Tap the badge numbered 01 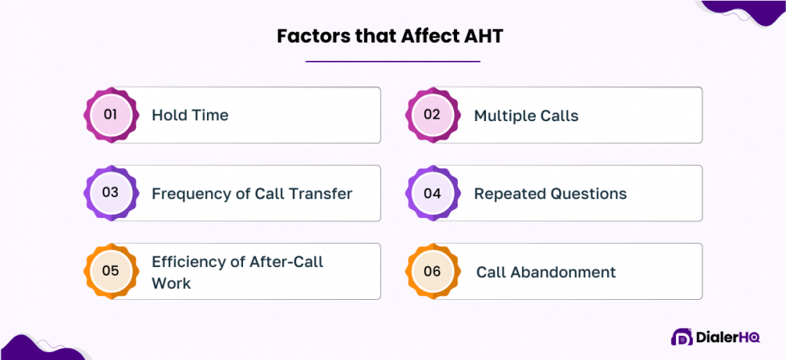[x=111, y=115]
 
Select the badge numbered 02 [x=432, y=115]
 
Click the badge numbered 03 [x=111, y=193]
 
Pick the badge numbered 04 [x=432, y=193]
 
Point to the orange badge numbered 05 [x=111, y=271]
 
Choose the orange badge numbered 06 [x=432, y=271]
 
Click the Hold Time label [x=190, y=115]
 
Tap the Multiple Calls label [x=526, y=115]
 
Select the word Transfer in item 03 [x=320, y=193]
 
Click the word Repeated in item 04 [x=508, y=193]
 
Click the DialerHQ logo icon [x=682, y=338]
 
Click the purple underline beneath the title [x=392, y=61]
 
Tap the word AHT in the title [x=480, y=36]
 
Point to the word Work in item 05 [x=171, y=283]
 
